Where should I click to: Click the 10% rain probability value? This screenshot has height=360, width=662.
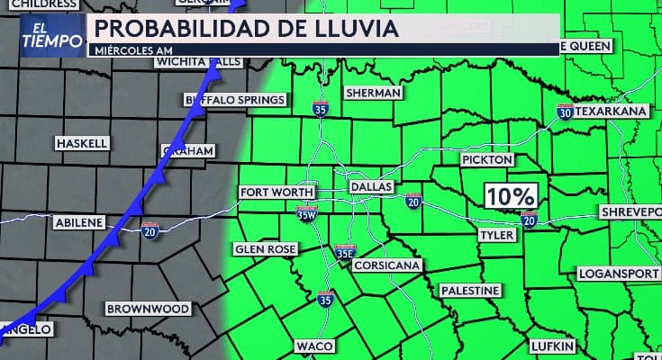[512, 195]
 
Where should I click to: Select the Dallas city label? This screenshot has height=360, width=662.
[371, 187]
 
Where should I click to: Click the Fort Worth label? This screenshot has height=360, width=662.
[277, 193]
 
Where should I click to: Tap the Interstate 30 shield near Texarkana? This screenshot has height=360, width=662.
[563, 112]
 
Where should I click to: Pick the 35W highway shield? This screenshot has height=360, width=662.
[306, 213]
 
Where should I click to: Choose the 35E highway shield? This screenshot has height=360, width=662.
[344, 253]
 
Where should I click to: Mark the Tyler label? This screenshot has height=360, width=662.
[496, 234]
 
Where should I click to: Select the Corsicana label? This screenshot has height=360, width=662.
[385, 266]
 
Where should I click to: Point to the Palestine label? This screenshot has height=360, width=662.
[469, 292]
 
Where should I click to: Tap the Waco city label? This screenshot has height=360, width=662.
[315, 346]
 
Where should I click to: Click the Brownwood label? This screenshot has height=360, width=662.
[148, 309]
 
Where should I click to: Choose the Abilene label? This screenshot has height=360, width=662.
[79, 222]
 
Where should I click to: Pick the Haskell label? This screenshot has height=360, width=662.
[81, 143]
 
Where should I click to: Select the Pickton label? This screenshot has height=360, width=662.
[486, 159]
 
